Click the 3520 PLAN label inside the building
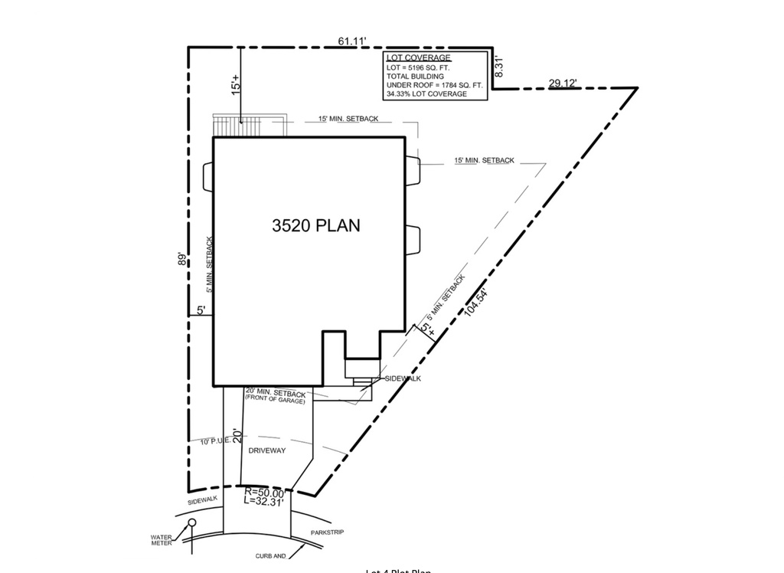pyautogui.click(x=315, y=225)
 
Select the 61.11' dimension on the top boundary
pyautogui.click(x=352, y=41)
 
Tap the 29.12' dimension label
pyautogui.click(x=562, y=83)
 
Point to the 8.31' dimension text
pyautogui.click(x=498, y=67)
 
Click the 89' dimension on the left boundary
pyautogui.click(x=181, y=259)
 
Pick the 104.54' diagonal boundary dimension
pyautogui.click(x=475, y=302)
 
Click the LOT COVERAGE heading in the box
pyautogui.click(x=418, y=58)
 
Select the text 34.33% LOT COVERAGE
pyautogui.click(x=426, y=94)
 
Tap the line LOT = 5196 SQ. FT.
pyautogui.click(x=418, y=68)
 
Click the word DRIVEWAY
pyautogui.click(x=266, y=450)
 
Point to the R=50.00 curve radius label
pyautogui.click(x=264, y=493)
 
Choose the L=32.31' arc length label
pyautogui.click(x=264, y=502)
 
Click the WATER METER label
pyautogui.click(x=162, y=540)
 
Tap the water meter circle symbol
pyautogui.click(x=192, y=522)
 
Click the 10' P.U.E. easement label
pyautogui.click(x=215, y=441)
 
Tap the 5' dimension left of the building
pyautogui.click(x=201, y=310)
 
